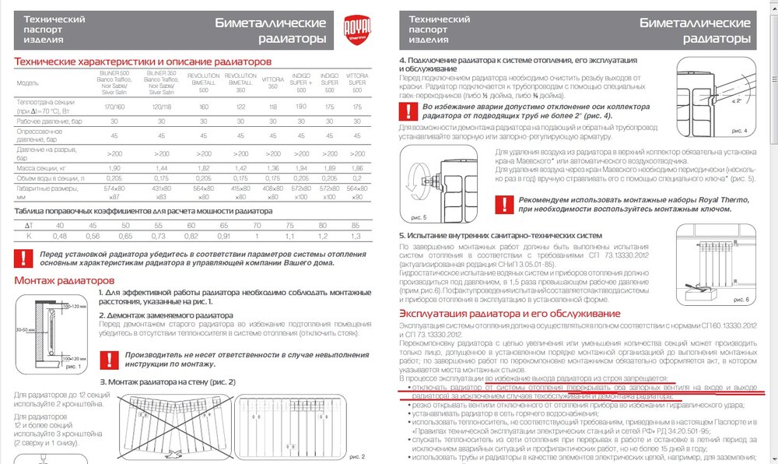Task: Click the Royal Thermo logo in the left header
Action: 354,31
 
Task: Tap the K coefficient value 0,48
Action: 60,236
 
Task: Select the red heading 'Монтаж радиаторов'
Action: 65,280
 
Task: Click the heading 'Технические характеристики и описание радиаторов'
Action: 142,62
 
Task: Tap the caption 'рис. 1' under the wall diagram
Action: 72,366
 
